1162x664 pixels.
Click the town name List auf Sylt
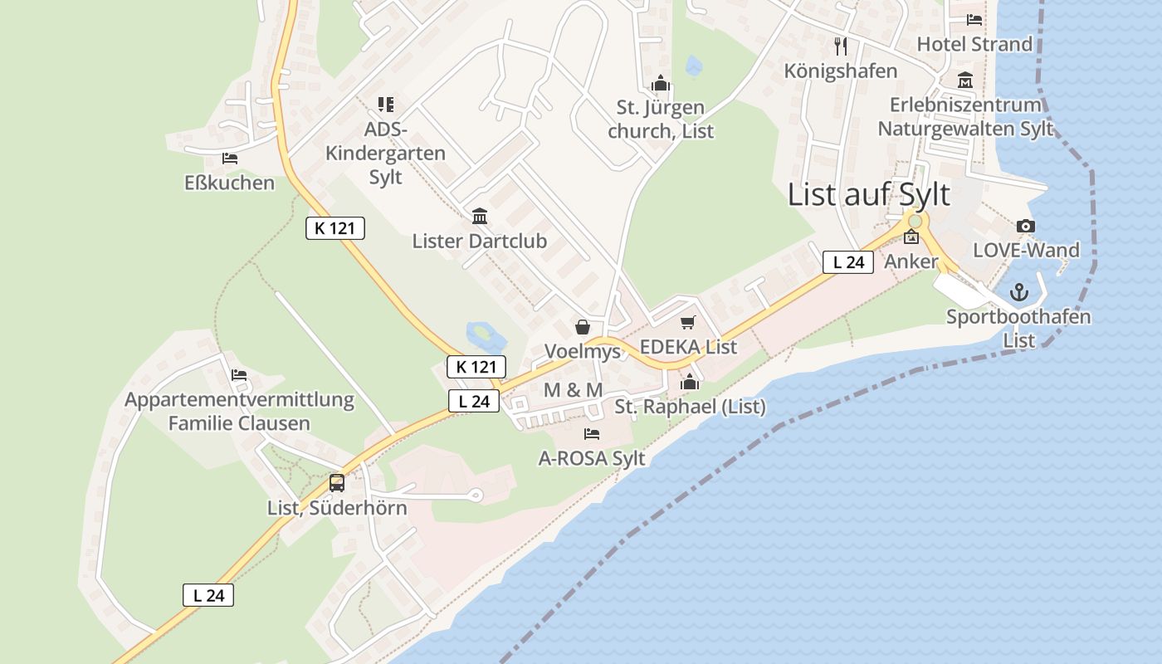(868, 195)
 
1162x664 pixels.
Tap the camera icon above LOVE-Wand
(1026, 227)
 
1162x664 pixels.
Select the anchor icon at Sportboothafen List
(1018, 292)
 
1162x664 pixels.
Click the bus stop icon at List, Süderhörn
(337, 482)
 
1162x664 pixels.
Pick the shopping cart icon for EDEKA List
(687, 323)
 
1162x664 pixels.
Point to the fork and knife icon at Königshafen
(841, 46)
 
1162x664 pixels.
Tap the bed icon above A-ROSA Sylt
(592, 433)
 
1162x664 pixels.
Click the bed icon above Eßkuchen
(230, 159)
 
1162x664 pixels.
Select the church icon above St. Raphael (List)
(690, 382)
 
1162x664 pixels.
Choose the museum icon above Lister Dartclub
(479, 217)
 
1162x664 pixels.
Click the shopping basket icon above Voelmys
(583, 327)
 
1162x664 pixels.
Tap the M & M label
(573, 390)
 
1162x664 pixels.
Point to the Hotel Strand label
(974, 44)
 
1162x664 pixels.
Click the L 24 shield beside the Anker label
(848, 262)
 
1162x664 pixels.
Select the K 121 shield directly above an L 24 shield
(476, 366)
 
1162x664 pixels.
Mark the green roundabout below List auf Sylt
(915, 221)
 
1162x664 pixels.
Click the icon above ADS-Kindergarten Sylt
(385, 105)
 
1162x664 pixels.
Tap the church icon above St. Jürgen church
(661, 83)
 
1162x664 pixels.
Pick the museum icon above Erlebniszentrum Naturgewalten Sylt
(965, 81)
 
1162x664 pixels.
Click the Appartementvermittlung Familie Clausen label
(239, 411)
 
